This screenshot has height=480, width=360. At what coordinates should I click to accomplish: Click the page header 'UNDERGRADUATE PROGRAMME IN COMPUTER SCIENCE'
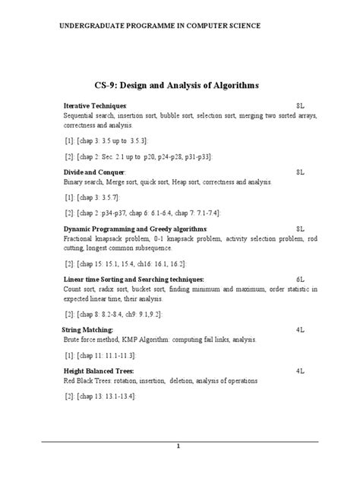pyautogui.click(x=160, y=26)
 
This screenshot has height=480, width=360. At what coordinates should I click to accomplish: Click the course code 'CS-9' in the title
pyautogui.click(x=106, y=86)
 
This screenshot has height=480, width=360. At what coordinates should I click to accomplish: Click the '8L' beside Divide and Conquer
pyautogui.click(x=300, y=172)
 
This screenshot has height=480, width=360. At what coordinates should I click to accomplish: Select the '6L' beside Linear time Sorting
pyautogui.click(x=300, y=279)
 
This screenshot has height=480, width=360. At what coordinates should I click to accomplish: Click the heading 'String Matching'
pyautogui.click(x=87, y=330)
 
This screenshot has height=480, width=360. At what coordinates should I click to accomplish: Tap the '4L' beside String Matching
pyautogui.click(x=300, y=330)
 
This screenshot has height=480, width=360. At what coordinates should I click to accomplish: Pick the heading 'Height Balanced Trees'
pyautogui.click(x=99, y=371)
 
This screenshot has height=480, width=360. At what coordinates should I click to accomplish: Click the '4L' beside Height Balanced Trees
pyautogui.click(x=300, y=371)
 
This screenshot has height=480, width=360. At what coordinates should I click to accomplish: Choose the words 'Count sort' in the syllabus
pyautogui.click(x=81, y=289)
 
